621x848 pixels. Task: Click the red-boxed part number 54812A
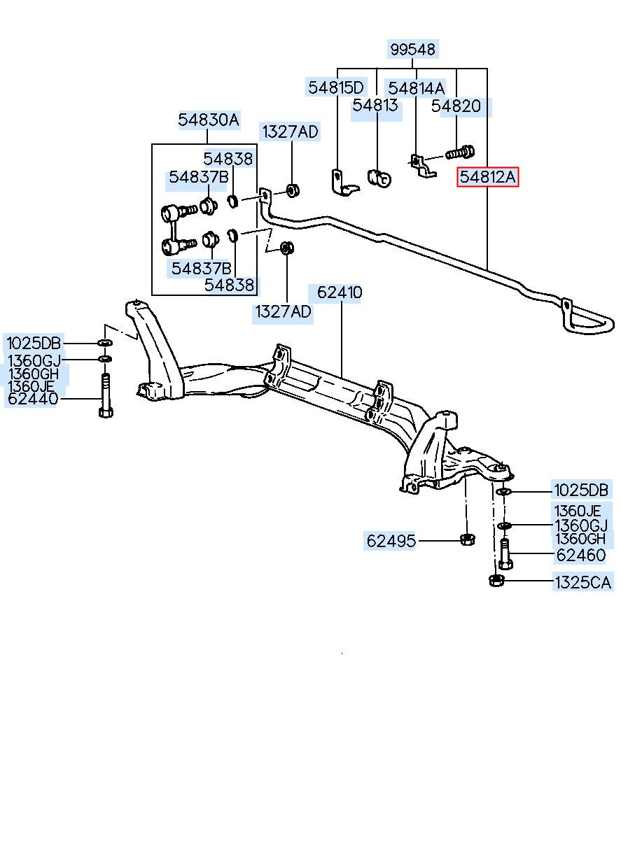pyautogui.click(x=488, y=177)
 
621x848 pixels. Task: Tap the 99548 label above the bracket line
pyautogui.click(x=412, y=49)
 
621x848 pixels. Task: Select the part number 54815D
pyautogui.click(x=335, y=87)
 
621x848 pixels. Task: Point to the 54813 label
pyautogui.click(x=375, y=105)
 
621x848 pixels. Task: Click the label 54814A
pyautogui.click(x=416, y=88)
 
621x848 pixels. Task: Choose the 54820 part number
pyautogui.click(x=456, y=106)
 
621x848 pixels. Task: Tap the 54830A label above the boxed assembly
pyautogui.click(x=209, y=120)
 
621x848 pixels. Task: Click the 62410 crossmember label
pyautogui.click(x=340, y=292)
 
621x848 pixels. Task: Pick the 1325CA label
pyautogui.click(x=582, y=582)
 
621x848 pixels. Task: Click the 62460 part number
pyautogui.click(x=581, y=556)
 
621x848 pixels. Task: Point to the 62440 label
pyautogui.click(x=33, y=399)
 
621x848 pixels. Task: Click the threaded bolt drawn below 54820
pyautogui.click(x=460, y=153)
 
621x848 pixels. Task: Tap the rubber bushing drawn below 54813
pyautogui.click(x=379, y=178)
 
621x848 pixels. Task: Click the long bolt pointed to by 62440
pyautogui.click(x=106, y=395)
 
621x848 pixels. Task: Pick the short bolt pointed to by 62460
pyautogui.click(x=505, y=554)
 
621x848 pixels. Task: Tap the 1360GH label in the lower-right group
pyautogui.click(x=579, y=538)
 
